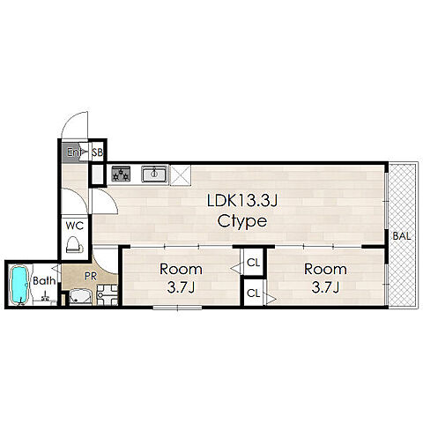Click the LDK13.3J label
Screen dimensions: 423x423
coord(242,201)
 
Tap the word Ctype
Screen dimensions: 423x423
coord(242,222)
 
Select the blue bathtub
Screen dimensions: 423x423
coord(19,285)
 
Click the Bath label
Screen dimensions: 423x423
coord(44,281)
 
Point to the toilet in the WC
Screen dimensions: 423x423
coord(75,245)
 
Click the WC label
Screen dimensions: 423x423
coord(75,226)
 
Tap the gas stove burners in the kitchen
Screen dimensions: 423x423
coord(121,174)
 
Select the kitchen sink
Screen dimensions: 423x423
coord(154,174)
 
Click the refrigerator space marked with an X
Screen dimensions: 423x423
coord(181,175)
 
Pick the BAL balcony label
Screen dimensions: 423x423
coord(402,236)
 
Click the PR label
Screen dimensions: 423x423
coord(90,276)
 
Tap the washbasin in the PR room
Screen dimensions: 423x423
coord(80,296)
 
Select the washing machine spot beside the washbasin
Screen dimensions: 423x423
coord(108,294)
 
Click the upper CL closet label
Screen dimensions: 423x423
coord(254,263)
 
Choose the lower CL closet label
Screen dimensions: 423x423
coord(254,293)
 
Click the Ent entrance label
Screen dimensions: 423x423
coord(74,152)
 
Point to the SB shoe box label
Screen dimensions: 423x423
coord(98,152)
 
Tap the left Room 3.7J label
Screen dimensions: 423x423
coord(181,278)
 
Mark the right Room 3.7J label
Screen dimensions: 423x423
coord(325,278)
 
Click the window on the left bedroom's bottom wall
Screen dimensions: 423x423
coord(177,308)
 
